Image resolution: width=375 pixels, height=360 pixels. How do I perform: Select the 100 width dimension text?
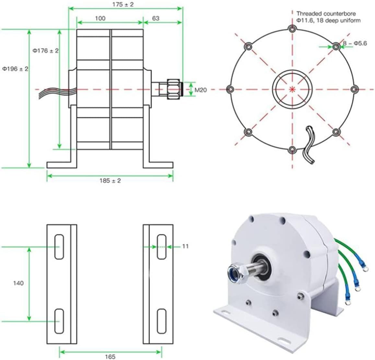click(100, 18)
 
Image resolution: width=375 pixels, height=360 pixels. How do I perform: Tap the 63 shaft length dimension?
click(156, 18)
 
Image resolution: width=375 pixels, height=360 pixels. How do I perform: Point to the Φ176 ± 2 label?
click(46, 51)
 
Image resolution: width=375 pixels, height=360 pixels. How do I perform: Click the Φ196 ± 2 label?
click(15, 69)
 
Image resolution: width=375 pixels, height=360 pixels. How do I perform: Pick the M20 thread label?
click(201, 90)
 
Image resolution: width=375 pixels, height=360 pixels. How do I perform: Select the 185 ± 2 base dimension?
click(110, 181)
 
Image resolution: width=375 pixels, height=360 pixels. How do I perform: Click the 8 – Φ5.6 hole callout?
click(355, 43)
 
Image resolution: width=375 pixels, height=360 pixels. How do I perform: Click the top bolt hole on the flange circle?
click(292, 29)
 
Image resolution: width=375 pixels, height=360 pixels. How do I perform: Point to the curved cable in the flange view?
click(308, 145)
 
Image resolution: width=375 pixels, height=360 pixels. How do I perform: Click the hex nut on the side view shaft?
click(173, 88)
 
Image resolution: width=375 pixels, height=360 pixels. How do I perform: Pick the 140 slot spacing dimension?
click(18, 283)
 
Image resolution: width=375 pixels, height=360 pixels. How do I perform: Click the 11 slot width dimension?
click(185, 246)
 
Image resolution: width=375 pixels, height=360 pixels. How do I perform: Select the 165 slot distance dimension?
click(110, 356)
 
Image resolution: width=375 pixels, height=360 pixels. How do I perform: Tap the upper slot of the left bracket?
click(59, 246)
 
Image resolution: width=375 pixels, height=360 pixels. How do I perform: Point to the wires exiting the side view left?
click(53, 92)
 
